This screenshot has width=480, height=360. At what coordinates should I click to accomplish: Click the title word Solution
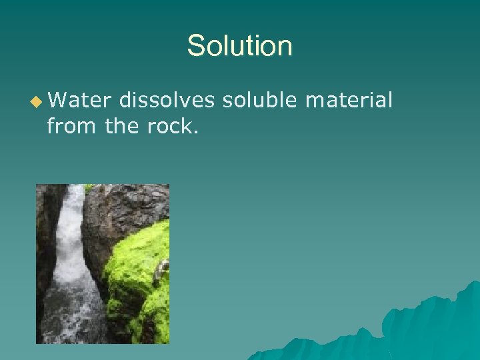coord(239,46)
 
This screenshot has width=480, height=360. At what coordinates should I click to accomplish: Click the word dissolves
coord(167,101)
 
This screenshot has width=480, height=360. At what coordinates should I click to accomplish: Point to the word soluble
coord(261,101)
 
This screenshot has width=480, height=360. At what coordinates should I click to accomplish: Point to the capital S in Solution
coord(195,46)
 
